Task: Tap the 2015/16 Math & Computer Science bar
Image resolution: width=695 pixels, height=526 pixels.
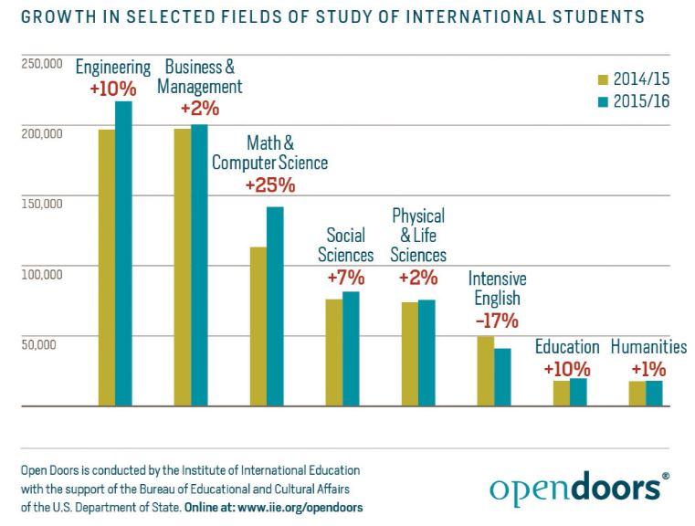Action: pyautogui.click(x=275, y=306)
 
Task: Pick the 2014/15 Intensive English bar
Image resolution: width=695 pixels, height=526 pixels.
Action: pyautogui.click(x=486, y=371)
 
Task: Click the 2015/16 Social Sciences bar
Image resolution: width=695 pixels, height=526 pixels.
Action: pyautogui.click(x=351, y=348)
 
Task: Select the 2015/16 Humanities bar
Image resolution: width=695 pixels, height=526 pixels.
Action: pyautogui.click(x=654, y=393)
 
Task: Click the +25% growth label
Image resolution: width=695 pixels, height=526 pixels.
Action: pyautogui.click(x=270, y=185)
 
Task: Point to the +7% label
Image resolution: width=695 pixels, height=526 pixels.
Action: pyautogui.click(x=345, y=278)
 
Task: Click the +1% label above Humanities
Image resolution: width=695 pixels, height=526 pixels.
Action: pyautogui.click(x=648, y=370)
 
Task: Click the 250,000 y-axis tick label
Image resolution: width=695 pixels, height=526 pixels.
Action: pyautogui.click(x=40, y=64)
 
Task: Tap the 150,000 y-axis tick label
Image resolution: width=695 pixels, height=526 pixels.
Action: pyautogui.click(x=40, y=204)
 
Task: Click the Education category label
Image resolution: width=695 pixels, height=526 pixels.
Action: pyautogui.click(x=567, y=347)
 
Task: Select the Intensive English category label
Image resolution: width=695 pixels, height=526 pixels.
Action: pyautogui.click(x=497, y=289)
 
